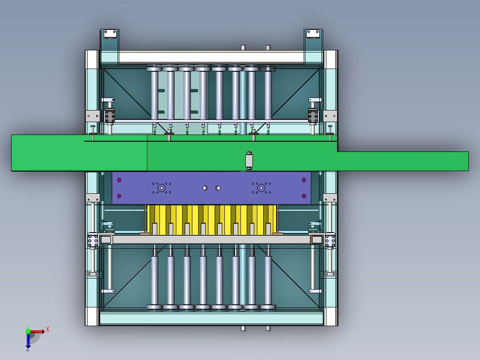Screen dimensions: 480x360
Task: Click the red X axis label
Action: point(48,330)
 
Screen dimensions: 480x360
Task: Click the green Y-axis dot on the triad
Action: point(28,331)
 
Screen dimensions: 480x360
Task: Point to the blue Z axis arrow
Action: point(28,341)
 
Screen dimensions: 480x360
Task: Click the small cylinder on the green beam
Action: point(249,160)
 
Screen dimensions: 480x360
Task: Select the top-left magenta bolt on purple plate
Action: point(119,180)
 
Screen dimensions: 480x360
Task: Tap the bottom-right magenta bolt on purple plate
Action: point(304,196)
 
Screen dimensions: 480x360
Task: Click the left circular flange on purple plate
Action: point(162,188)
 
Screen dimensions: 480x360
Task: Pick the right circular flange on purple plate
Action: point(261,188)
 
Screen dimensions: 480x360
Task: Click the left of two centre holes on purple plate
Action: point(205,188)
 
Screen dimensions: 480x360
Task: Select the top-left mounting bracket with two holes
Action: point(110,34)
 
